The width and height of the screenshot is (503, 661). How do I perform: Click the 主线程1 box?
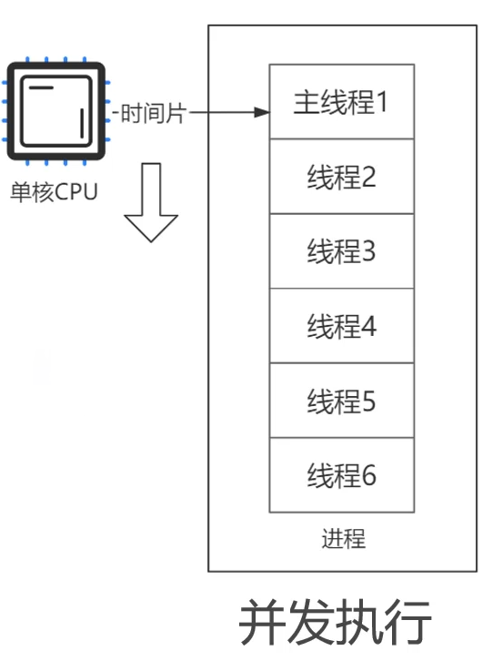(342, 102)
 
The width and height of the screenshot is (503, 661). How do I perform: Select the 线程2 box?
(342, 177)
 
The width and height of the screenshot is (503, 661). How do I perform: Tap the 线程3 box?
(342, 251)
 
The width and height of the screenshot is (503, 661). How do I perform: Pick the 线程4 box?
(342, 326)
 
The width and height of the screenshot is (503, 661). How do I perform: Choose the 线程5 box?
(342, 401)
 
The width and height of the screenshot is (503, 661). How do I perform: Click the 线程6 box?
(342, 475)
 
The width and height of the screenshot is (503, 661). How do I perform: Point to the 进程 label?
(343, 539)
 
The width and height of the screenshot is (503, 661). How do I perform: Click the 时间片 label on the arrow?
(154, 113)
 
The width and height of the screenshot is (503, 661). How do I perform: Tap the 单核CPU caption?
(54, 192)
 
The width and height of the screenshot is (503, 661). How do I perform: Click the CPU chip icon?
(55, 111)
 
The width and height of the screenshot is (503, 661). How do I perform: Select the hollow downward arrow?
(151, 202)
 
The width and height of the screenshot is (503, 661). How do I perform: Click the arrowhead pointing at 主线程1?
(262, 112)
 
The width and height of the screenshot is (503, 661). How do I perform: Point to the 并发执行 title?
(336, 622)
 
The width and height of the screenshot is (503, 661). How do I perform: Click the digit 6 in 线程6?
(368, 475)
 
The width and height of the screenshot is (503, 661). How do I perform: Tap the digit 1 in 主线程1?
(382, 102)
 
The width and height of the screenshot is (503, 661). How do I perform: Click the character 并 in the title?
(263, 622)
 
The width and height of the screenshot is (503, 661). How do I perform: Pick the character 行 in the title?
(408, 622)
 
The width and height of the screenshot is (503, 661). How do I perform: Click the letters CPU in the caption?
(75, 192)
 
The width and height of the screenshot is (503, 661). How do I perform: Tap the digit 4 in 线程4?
(368, 326)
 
